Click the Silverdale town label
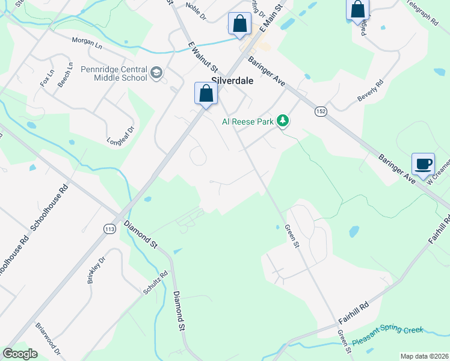232,81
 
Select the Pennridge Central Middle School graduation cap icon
157,73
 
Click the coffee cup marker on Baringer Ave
423,164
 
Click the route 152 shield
321,111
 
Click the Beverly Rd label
370,91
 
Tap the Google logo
20,354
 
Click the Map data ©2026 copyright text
424,356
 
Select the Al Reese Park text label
248,122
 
